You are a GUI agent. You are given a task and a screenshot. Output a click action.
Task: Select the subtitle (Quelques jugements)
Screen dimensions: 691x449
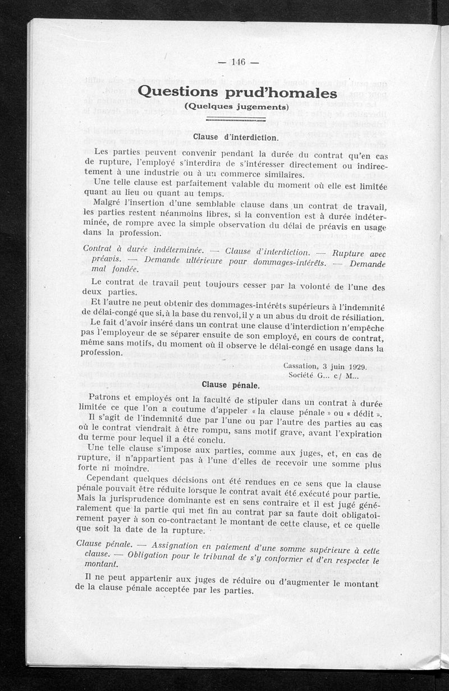(x=236, y=106)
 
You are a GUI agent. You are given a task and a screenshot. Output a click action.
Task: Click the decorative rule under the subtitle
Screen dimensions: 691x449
(x=236, y=119)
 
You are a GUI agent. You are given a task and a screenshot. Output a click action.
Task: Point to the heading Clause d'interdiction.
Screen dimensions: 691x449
(x=235, y=137)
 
